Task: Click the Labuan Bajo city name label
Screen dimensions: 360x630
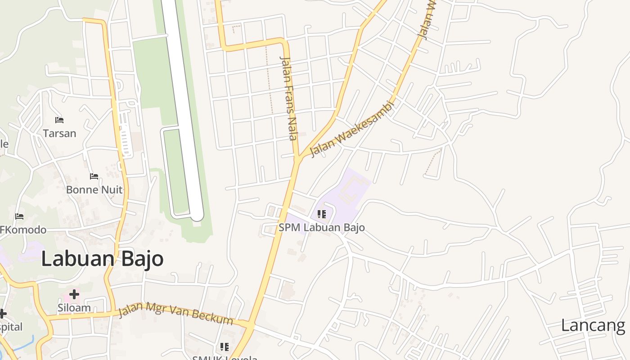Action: pyautogui.click(x=102, y=259)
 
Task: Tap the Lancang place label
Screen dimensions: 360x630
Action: pyautogui.click(x=593, y=325)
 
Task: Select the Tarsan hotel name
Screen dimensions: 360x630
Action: pyautogui.click(x=59, y=133)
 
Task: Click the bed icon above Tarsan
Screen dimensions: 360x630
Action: pyautogui.click(x=59, y=120)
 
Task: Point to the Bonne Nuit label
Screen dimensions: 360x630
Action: pyautogui.click(x=94, y=189)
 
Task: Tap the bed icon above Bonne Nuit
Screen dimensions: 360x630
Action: pyautogui.click(x=94, y=176)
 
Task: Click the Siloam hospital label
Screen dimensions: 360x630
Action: pyautogui.click(x=74, y=308)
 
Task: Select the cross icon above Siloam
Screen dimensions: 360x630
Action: pyautogui.click(x=74, y=294)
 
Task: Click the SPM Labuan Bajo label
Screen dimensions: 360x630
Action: pyautogui.click(x=321, y=227)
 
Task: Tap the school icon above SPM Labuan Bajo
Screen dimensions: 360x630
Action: pyautogui.click(x=321, y=214)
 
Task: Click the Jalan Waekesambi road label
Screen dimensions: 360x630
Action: pyautogui.click(x=352, y=129)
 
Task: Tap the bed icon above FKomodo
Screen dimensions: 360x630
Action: pyautogui.click(x=19, y=216)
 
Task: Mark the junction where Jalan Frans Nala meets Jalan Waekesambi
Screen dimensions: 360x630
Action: pyautogui.click(x=297, y=158)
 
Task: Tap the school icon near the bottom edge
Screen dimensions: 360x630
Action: pyautogui.click(x=224, y=347)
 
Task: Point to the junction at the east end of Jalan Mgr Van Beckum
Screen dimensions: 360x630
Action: pyautogui.click(x=250, y=324)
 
